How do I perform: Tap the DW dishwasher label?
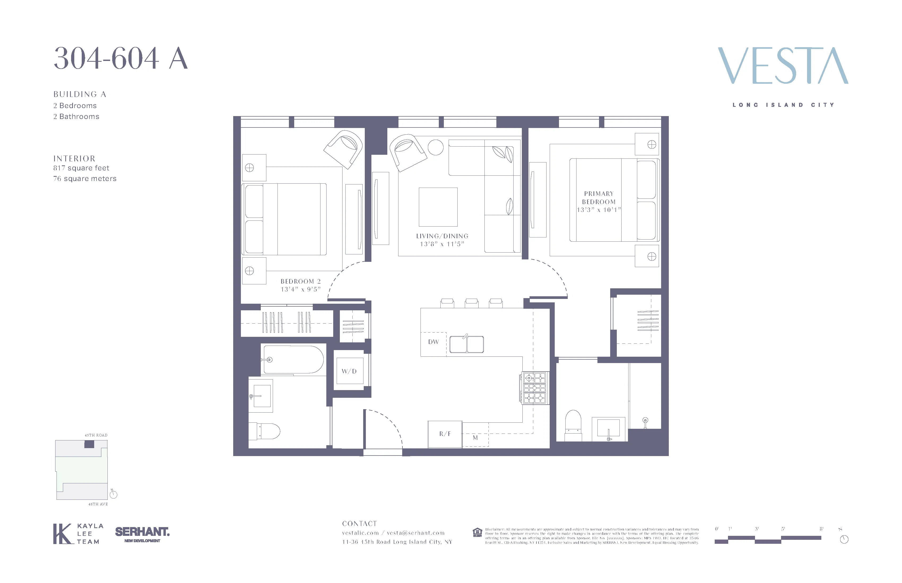point(433,342)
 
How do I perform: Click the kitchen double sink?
point(467,344)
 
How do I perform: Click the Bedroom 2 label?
point(301,281)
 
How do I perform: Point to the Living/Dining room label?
point(442,236)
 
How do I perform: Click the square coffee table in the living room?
point(438,207)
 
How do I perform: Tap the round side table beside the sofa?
point(435,147)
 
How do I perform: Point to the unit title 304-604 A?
point(120,59)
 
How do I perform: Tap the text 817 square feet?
point(81,168)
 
